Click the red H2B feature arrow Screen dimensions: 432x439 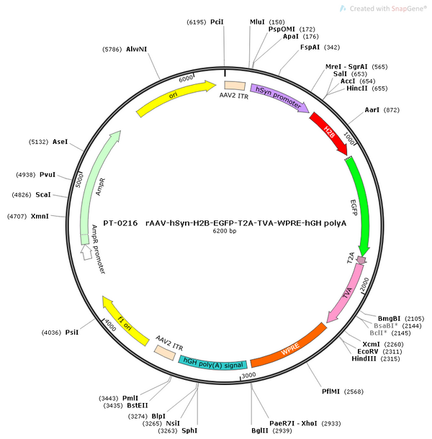pos(329,132)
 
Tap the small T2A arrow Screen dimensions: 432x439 pos(361,261)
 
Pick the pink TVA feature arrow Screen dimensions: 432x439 pos(347,294)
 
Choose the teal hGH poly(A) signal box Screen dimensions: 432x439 pos(213,363)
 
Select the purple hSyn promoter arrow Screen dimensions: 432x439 pos(279,97)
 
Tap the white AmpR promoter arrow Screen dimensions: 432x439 pos(86,253)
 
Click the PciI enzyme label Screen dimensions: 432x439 pos(217,22)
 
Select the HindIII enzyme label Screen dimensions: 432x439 pos(364,358)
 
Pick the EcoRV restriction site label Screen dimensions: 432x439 pos(368,351)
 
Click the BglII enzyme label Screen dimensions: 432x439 pos(260,430)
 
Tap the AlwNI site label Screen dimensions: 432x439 pos(136,49)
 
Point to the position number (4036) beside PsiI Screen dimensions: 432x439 pos(51,332)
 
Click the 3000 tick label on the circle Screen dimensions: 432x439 pos(249,375)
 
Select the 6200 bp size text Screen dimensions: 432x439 pos(225,231)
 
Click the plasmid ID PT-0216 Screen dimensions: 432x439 pos(120,223)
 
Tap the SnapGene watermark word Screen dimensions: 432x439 pos(409,9)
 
